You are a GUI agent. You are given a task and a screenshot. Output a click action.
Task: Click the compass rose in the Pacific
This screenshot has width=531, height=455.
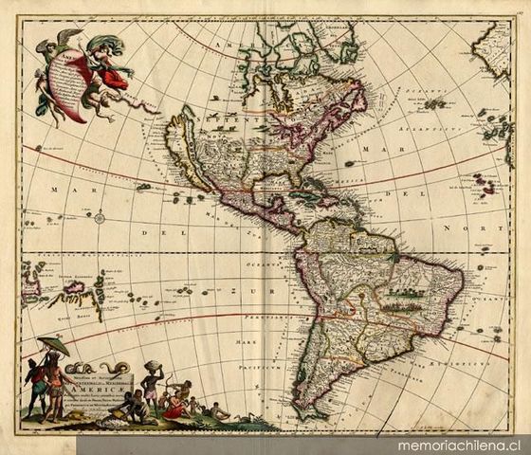click(x=100, y=217)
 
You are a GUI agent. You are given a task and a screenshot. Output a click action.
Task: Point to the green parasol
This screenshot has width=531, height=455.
click(x=53, y=345)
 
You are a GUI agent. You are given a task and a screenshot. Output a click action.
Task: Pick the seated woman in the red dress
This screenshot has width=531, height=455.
click(x=174, y=406)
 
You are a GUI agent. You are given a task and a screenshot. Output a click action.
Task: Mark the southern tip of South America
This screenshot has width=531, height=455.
click(x=308, y=414)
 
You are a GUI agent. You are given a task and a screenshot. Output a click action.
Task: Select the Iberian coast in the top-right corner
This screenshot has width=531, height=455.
click(x=493, y=47)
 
